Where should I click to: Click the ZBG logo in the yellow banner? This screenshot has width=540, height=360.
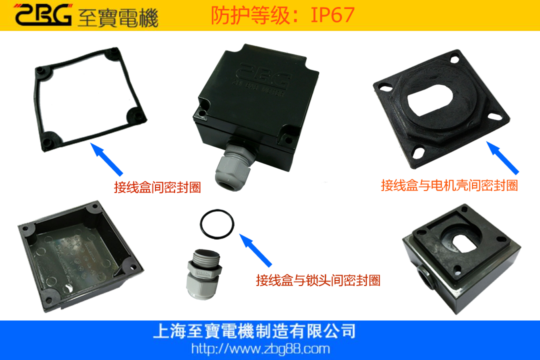[43, 15]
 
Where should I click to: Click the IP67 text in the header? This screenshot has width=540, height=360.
[332, 15]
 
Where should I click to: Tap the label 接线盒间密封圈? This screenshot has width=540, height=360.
[157, 187]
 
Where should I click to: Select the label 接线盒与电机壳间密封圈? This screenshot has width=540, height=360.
[449, 185]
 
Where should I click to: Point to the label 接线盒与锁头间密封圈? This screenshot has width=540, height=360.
[318, 280]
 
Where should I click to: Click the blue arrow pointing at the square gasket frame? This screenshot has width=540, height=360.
[106, 159]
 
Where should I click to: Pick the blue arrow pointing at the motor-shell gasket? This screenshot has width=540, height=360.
[502, 157]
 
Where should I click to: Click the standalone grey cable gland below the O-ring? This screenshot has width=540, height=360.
[203, 274]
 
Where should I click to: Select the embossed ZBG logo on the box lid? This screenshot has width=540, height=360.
[262, 76]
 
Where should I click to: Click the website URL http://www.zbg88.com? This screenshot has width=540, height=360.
[260, 349]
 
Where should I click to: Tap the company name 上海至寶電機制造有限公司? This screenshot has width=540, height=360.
[254, 331]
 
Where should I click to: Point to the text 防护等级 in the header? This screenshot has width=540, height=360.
[250, 15]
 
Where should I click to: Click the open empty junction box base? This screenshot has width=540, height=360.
[80, 256]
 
